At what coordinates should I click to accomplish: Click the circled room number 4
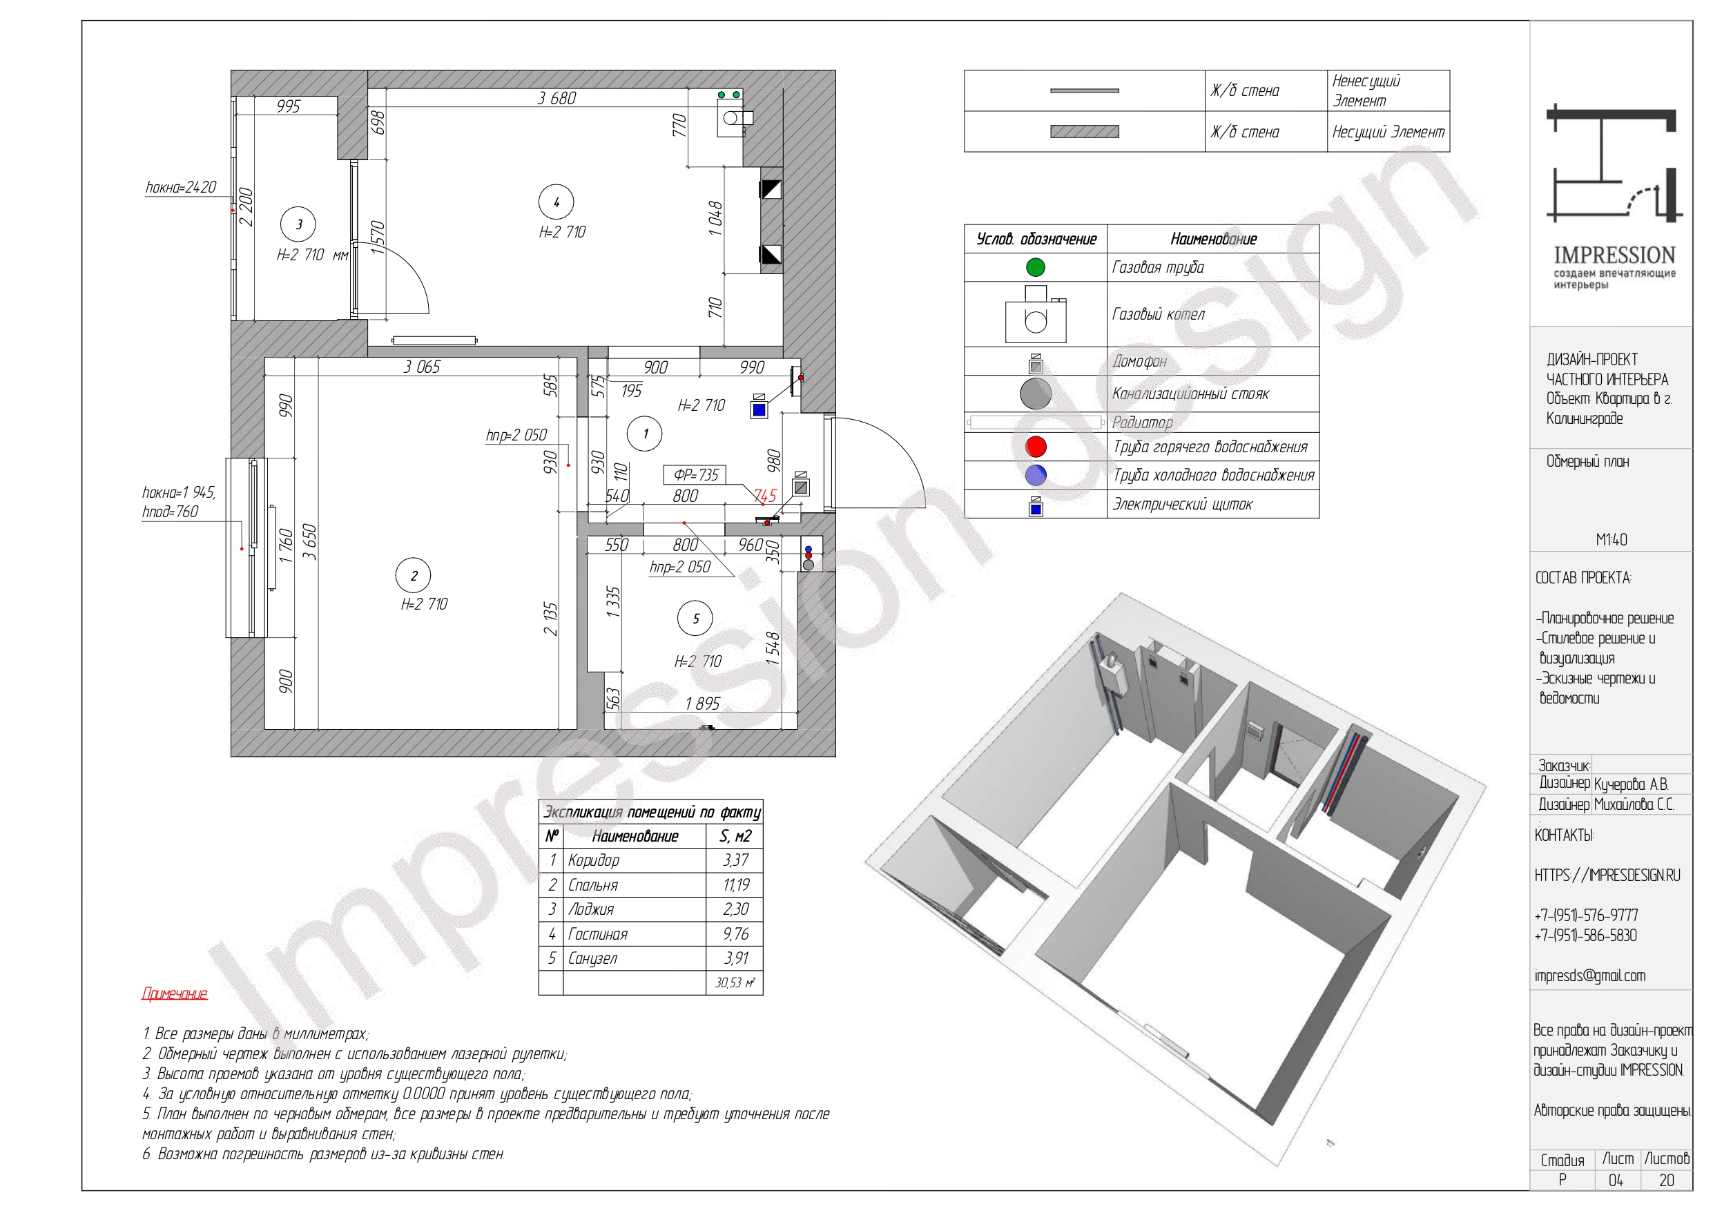(556, 202)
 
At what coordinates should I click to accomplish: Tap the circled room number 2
(414, 575)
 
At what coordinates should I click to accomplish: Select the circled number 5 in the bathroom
(695, 618)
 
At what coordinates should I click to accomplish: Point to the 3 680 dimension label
(557, 98)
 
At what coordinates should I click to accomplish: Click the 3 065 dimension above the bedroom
(422, 367)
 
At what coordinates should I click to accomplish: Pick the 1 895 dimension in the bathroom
(703, 704)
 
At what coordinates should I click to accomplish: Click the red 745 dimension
(765, 496)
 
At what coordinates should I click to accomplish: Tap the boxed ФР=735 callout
(695, 474)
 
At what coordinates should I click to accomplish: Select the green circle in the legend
(1036, 267)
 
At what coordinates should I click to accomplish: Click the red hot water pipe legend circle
(1036, 446)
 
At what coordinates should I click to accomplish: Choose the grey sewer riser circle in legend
(1036, 394)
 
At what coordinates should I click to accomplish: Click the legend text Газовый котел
(1158, 314)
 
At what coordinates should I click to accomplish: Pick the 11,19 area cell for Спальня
(735, 885)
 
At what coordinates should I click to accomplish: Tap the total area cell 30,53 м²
(735, 982)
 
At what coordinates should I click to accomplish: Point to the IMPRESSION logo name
(1614, 255)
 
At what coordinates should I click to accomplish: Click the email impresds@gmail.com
(1589, 975)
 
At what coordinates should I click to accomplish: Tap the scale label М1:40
(1612, 539)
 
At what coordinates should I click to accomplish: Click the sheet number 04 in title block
(1615, 1181)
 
